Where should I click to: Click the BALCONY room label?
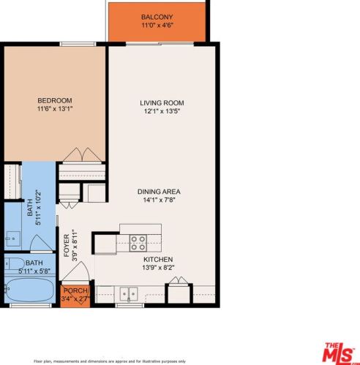[x=157, y=17]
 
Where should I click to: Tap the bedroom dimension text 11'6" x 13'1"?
[x=55, y=108]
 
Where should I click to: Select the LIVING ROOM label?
[x=162, y=103]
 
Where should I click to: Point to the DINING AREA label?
[x=159, y=192]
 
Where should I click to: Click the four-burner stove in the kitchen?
[x=138, y=243]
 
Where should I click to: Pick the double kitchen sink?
[x=129, y=294]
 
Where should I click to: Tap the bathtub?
[x=30, y=290]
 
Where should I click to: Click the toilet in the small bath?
[x=15, y=263]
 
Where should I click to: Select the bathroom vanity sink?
[x=13, y=238]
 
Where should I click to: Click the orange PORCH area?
[x=75, y=296]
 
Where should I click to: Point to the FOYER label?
[x=67, y=246]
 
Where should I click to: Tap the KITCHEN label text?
[x=158, y=260]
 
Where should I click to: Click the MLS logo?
[x=339, y=353]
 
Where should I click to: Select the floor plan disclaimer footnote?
[x=110, y=361]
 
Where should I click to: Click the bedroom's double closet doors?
[x=82, y=154]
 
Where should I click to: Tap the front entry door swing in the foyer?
[x=75, y=271]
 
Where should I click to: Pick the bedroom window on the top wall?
[x=78, y=44]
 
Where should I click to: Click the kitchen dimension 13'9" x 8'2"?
[x=158, y=268]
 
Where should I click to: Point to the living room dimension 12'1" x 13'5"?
[x=162, y=111]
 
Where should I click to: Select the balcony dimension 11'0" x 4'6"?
[x=157, y=25]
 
